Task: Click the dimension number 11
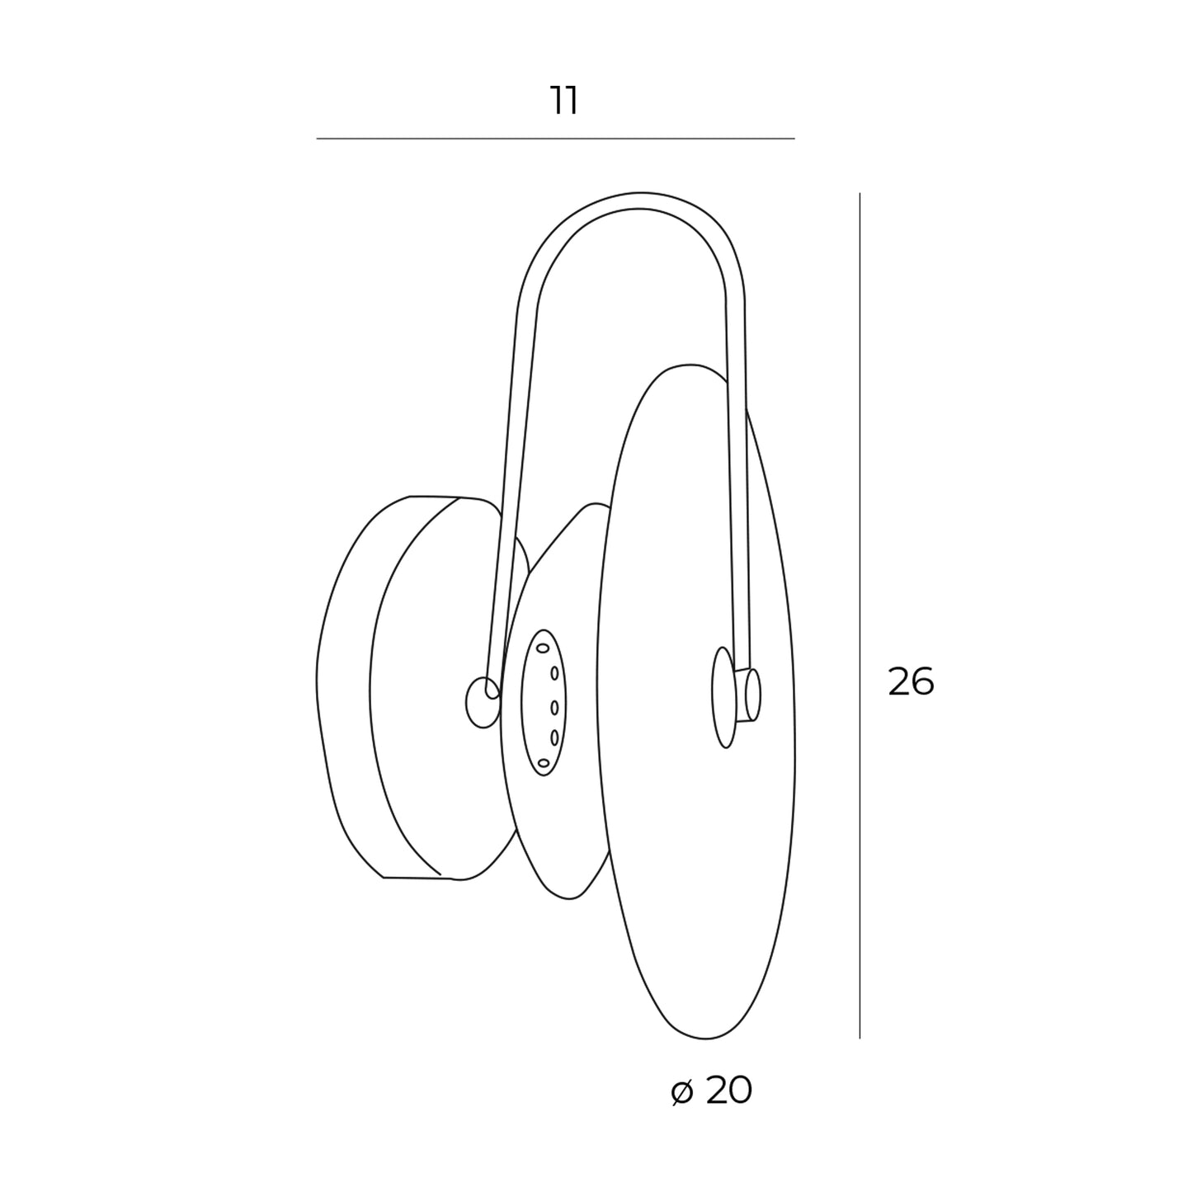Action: coord(564,101)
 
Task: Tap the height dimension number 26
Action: coord(911,681)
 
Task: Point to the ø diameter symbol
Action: coord(681,1092)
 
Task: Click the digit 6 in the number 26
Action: coord(923,681)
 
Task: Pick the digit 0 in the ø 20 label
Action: coord(741,1090)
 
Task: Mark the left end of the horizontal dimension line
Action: coord(317,139)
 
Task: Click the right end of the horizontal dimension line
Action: coord(795,139)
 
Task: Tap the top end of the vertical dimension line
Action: coord(860,193)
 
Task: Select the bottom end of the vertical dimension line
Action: coord(860,1038)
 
